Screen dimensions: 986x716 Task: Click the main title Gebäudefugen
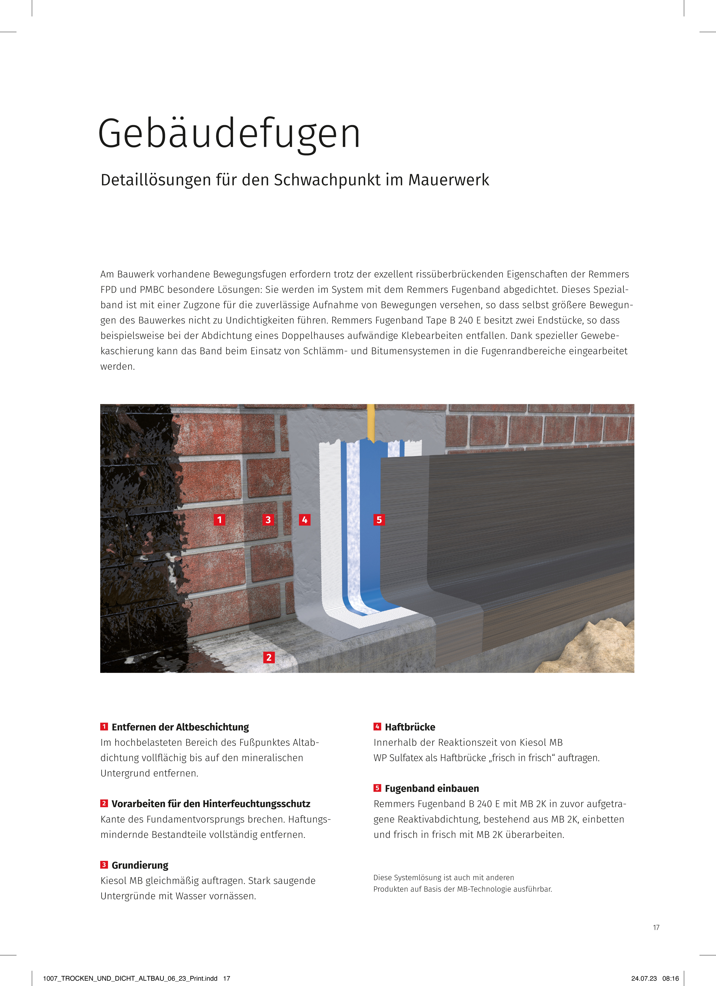coord(229,133)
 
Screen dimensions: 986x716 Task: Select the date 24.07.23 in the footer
coord(644,979)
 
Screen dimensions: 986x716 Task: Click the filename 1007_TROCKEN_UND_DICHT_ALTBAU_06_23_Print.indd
coord(130,979)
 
